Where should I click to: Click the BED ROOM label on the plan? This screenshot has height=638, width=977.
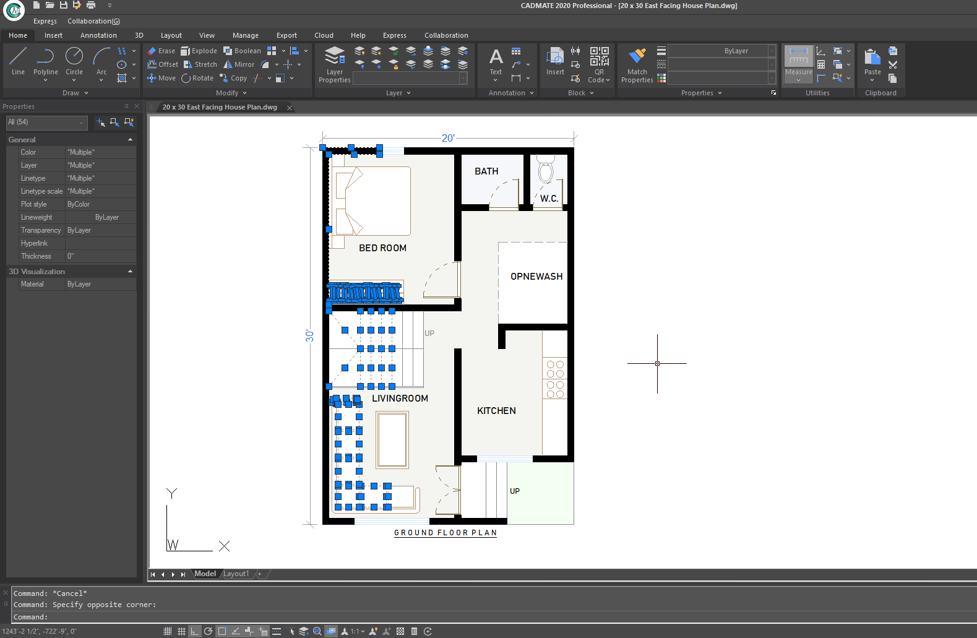pos(382,248)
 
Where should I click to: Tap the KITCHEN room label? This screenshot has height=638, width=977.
pos(496,410)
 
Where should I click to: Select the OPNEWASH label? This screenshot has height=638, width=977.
pos(536,276)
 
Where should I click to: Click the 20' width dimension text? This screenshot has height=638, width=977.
pos(448,138)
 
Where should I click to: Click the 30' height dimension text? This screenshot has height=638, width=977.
pos(309,336)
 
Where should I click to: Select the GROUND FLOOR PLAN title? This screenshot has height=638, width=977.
pos(445,532)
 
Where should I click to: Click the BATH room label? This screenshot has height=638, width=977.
pos(486,171)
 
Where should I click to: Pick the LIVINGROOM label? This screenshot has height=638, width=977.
pos(400,398)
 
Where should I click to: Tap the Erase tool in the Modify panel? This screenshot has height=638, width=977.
pos(161,51)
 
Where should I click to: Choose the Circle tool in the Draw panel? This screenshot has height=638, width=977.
pos(74,61)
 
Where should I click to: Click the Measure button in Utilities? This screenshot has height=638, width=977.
pos(799,63)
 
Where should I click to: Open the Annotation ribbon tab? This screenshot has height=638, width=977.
pos(98,35)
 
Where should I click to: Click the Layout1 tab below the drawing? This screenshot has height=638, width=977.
pos(236,574)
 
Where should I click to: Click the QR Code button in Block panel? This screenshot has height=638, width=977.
pos(599,64)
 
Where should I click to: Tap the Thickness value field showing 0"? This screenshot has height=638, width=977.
pos(100,256)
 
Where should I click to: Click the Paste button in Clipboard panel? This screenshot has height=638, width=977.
pos(872,64)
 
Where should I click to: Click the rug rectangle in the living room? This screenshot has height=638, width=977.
pos(392,440)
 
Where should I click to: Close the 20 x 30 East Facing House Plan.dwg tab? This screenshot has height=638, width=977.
pos(289,108)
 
